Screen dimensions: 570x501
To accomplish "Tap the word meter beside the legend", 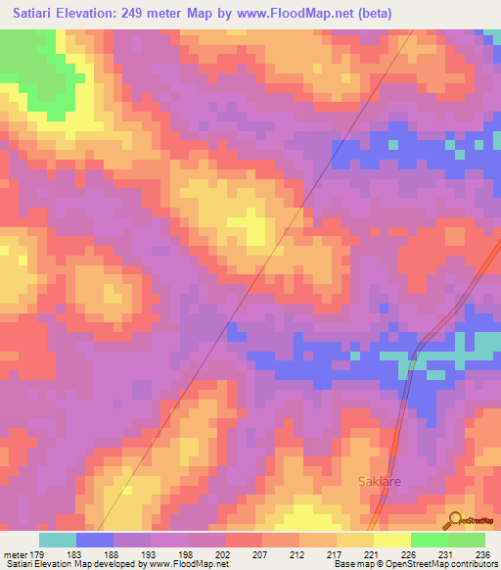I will (15, 556).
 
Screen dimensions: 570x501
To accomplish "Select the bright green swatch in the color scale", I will (429, 540).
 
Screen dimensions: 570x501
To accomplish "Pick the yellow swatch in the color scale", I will (354, 540).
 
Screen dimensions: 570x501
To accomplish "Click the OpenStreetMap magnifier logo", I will (452, 521).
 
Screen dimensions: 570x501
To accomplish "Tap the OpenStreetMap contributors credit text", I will (443, 565).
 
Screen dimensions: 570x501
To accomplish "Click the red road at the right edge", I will (485, 263).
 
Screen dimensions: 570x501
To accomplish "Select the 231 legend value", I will (443, 556).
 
